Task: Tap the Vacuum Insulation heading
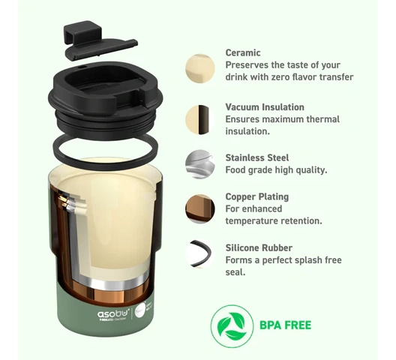(265, 107)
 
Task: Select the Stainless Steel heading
(256, 158)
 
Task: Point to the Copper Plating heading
(256, 196)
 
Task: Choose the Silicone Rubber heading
(259, 247)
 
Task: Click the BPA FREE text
(286, 325)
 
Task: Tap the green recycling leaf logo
(232, 326)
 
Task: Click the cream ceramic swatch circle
(199, 68)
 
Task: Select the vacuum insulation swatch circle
(199, 120)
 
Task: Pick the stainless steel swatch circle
(199, 164)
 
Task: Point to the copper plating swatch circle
(199, 209)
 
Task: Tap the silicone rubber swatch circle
(199, 253)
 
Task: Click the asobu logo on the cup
(113, 313)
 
